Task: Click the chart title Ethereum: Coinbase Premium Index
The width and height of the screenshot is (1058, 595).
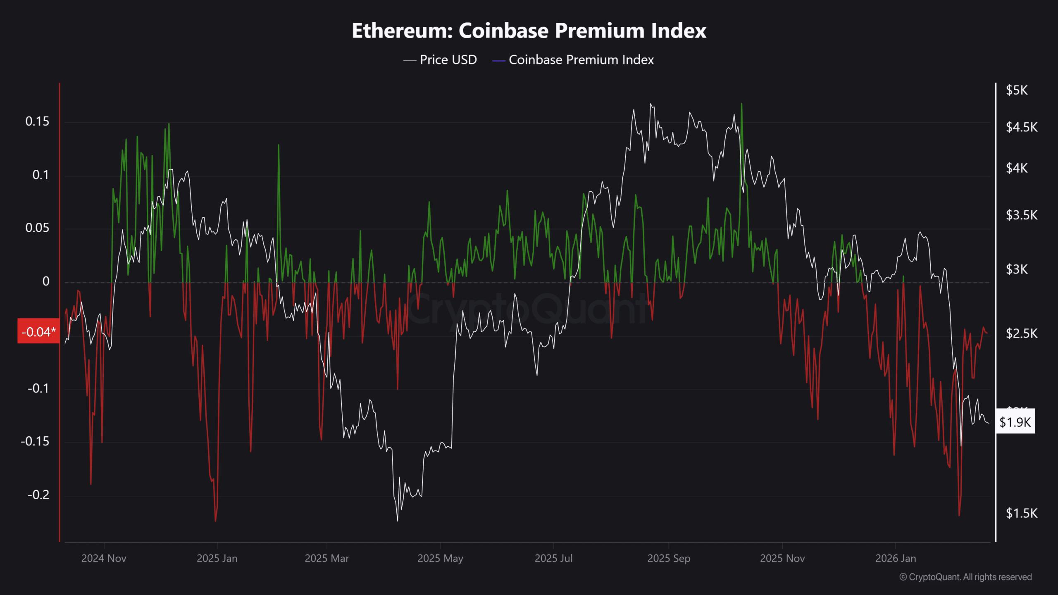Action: tap(529, 31)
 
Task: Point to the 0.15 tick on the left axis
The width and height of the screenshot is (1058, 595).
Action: tap(37, 121)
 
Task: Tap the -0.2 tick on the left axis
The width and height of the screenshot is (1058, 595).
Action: tap(38, 495)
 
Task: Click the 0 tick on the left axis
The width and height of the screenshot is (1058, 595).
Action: tap(46, 281)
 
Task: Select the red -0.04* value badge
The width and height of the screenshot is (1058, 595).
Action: tap(38, 332)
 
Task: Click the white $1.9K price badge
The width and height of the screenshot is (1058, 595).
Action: tap(1015, 422)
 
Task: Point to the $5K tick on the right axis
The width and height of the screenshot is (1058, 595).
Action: tap(1016, 90)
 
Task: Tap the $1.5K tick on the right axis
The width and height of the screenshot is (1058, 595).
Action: tap(1021, 513)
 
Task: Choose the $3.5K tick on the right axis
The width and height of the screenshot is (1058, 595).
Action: tap(1021, 215)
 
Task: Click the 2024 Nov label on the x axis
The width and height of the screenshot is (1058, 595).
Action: tap(104, 559)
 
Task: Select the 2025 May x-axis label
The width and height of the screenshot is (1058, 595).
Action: tap(440, 559)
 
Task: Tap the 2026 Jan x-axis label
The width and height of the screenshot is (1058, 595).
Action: tap(896, 559)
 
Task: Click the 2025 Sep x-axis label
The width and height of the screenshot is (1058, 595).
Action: tap(669, 559)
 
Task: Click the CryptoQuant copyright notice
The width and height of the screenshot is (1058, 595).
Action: tap(965, 577)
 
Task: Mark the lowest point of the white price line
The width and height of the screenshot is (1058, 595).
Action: tap(398, 521)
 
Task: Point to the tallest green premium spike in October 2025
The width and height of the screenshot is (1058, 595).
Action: tap(742, 104)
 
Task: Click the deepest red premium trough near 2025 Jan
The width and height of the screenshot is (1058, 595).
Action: tap(216, 521)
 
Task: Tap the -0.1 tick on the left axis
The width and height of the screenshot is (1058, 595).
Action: tap(38, 388)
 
